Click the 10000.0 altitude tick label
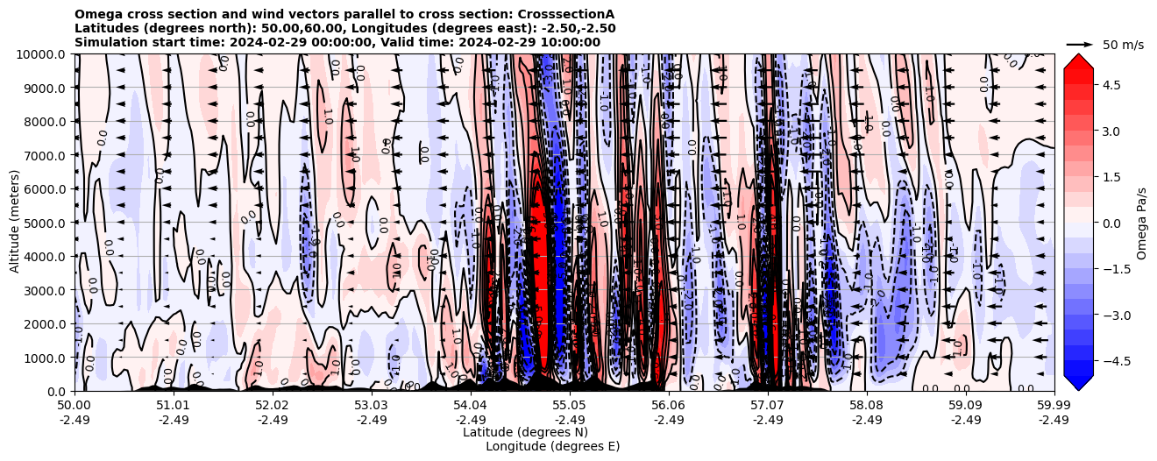coord(44,54)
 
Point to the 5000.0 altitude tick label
coord(47,223)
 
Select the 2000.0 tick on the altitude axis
coord(47,323)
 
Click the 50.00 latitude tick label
coord(74,406)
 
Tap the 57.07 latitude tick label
coord(768,406)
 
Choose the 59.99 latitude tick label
coord(1054,406)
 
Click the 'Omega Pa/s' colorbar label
coord(1142,223)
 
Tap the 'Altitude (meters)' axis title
coord(15,223)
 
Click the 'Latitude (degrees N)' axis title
coord(525,432)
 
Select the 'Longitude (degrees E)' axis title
coord(552,446)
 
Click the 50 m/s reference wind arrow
coord(1080,44)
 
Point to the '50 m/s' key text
coord(1123,45)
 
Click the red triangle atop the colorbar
coord(1078,60)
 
